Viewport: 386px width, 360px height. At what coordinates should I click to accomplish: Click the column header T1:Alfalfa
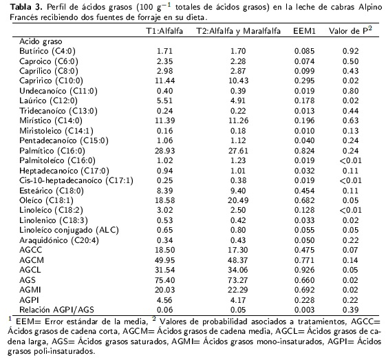pyautogui.click(x=164, y=31)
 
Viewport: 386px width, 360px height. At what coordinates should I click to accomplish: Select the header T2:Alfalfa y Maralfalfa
pyautogui.click(x=238, y=31)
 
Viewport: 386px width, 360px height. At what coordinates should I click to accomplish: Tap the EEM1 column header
pyautogui.click(x=304, y=31)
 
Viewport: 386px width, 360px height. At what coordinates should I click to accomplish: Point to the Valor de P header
pyautogui.click(x=350, y=30)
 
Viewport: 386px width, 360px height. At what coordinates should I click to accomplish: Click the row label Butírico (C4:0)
pyautogui.click(x=47, y=51)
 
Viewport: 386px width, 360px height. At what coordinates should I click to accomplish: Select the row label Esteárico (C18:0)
pyautogui.click(x=52, y=191)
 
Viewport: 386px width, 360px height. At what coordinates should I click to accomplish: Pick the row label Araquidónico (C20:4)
pyautogui.click(x=59, y=240)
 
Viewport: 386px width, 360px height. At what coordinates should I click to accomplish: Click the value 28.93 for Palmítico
pyautogui.click(x=164, y=151)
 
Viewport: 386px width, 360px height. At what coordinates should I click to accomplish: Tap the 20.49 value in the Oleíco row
pyautogui.click(x=238, y=200)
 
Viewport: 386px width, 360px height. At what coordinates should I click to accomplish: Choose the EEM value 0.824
pyautogui.click(x=305, y=151)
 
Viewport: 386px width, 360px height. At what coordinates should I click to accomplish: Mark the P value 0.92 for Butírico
pyautogui.click(x=350, y=51)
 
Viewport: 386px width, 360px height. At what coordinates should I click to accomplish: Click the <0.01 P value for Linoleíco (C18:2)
pyautogui.click(x=350, y=210)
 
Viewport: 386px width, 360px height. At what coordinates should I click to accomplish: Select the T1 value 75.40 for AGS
pyautogui.click(x=164, y=280)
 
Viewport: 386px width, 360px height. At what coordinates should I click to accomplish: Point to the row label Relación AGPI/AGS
pyautogui.click(x=56, y=310)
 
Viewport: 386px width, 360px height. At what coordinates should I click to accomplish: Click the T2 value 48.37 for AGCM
pyautogui.click(x=238, y=260)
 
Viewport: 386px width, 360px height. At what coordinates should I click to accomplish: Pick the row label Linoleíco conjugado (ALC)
pyautogui.click(x=69, y=230)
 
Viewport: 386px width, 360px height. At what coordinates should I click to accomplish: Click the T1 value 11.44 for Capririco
pyautogui.click(x=164, y=81)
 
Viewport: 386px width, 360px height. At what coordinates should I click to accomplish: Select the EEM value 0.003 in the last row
pyautogui.click(x=305, y=310)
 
